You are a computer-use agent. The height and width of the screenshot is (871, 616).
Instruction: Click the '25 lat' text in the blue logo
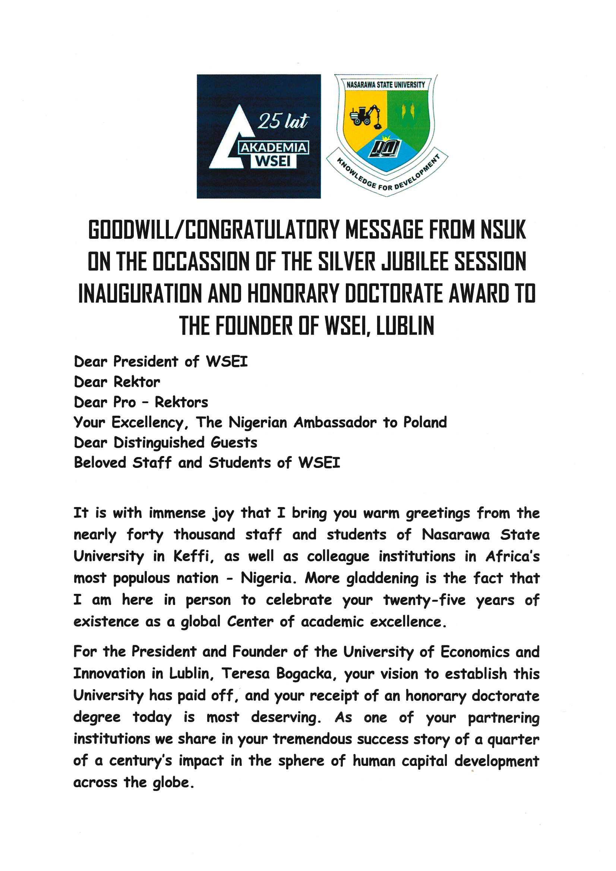click(283, 121)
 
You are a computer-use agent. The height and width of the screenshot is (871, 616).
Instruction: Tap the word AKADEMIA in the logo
click(273, 148)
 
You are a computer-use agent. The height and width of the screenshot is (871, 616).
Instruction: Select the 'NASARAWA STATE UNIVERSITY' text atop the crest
click(386, 85)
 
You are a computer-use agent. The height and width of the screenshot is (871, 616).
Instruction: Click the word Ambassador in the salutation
click(335, 422)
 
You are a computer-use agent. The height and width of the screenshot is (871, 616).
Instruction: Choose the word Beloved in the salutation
click(100, 463)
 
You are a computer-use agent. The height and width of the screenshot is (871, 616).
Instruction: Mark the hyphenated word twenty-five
click(424, 600)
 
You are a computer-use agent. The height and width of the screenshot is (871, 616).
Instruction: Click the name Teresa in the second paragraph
click(245, 674)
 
